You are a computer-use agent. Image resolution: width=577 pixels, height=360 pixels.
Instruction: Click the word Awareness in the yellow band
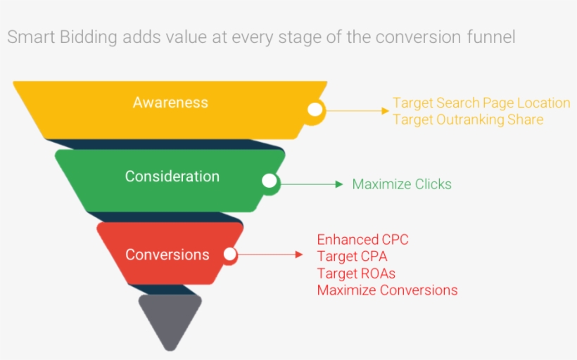[x=170, y=103]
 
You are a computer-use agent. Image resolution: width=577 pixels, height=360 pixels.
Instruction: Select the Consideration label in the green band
[x=172, y=176]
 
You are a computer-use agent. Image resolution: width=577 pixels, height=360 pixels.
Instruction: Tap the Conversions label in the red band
[x=167, y=255]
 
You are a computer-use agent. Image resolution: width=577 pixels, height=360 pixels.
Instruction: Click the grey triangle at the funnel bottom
[x=170, y=317]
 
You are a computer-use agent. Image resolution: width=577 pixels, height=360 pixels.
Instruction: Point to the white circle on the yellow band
[x=315, y=110]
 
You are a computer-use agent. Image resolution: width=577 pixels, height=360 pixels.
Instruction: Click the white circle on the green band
[x=269, y=181]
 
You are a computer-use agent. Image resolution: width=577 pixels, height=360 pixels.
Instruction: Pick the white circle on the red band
[x=230, y=255]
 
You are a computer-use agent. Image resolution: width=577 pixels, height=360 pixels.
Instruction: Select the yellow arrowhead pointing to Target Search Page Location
[x=385, y=110]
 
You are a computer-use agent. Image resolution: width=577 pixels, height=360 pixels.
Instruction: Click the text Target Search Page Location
[x=481, y=103]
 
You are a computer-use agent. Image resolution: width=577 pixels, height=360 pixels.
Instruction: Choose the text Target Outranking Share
[x=468, y=120]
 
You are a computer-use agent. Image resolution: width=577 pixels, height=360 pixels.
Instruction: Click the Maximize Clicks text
[x=402, y=184]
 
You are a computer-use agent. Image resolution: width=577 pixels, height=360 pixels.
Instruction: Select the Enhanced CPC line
[x=362, y=240]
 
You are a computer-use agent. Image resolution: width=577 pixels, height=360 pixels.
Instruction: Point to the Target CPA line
[x=352, y=257]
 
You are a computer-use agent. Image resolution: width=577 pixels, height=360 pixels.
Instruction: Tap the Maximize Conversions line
[x=387, y=290]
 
